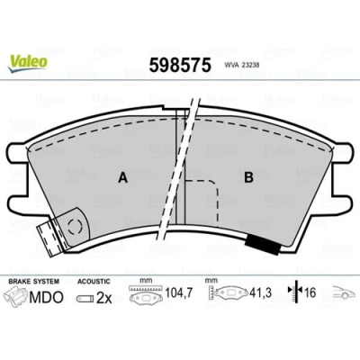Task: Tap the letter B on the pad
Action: pos(247,177)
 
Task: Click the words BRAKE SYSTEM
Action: pos(33,281)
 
